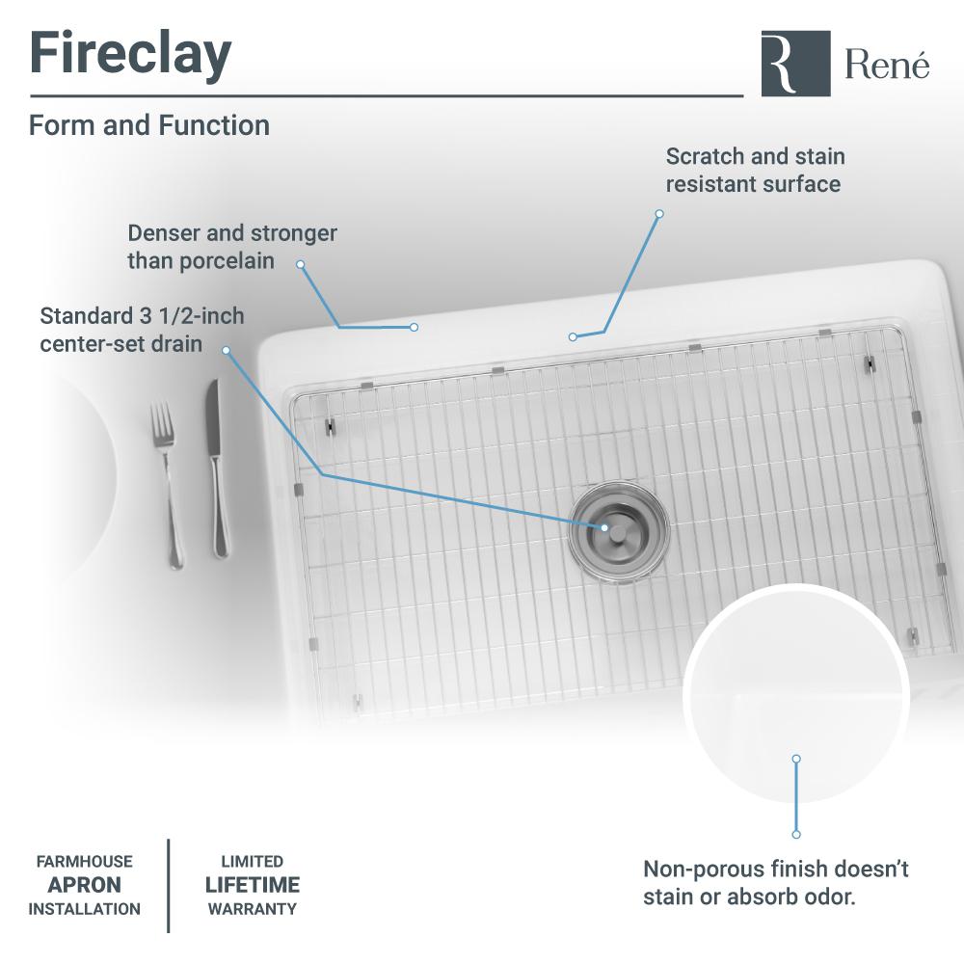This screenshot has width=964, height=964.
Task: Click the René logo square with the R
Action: point(795,63)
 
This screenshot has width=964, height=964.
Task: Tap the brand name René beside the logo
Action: point(888,65)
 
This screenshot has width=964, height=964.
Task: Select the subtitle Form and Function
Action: point(149,125)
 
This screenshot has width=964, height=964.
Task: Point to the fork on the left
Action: point(166,482)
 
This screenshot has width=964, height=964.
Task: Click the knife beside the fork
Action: point(216,468)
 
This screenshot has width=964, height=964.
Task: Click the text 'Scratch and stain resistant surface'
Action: point(755,170)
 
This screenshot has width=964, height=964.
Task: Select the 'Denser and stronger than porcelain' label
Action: point(231,247)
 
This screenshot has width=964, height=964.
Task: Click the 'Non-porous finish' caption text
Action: point(776,883)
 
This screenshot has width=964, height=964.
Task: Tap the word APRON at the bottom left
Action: point(85,885)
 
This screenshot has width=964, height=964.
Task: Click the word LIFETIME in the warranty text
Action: point(253,885)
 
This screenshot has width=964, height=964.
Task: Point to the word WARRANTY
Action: point(253,908)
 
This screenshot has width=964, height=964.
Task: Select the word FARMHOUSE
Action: point(85,862)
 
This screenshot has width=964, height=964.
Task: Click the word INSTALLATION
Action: point(85,908)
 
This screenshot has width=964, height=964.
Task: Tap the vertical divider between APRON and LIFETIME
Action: point(170,885)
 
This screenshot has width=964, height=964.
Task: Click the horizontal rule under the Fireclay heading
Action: point(386,96)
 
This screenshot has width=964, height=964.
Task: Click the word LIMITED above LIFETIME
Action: point(253,862)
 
